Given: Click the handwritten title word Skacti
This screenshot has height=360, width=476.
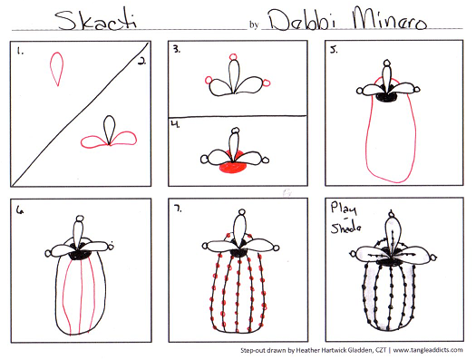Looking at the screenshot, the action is pos(96,21).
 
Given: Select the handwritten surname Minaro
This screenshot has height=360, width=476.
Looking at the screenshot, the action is pos(390,19).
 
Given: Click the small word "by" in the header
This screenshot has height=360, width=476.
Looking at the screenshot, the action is pos(254,24).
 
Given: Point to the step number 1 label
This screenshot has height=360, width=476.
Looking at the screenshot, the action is pos(20,52).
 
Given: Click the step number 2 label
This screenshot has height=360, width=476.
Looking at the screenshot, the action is pos(141,62).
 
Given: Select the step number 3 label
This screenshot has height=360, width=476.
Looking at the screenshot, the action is pos(177,50).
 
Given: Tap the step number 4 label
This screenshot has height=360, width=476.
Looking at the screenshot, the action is pos(176,124).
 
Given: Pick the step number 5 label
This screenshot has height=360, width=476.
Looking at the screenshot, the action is pos(334,50).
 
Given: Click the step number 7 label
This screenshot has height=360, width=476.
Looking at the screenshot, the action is pos(178,209).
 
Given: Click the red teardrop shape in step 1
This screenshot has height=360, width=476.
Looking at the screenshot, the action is pos(57,69).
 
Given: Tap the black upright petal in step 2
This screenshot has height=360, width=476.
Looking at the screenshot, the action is pos(110,130).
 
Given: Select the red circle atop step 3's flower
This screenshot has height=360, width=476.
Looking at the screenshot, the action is pos(233,57).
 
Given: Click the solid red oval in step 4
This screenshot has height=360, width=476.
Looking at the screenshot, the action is pos(233,166).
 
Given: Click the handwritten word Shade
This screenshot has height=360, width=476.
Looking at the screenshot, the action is pos(346,228).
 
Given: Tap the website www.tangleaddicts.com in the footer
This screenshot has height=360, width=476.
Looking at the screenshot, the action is pos(428,350).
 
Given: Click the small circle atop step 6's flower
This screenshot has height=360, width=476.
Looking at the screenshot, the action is pos(80,219).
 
